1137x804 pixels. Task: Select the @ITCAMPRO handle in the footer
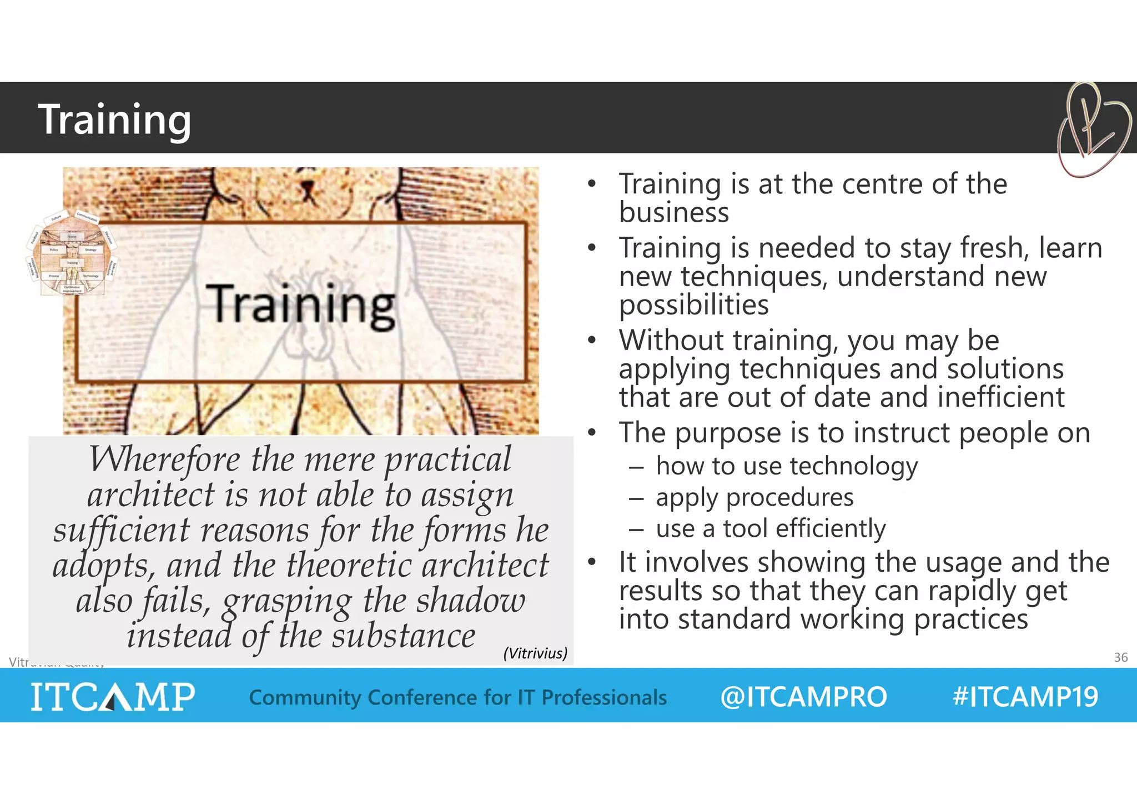pyautogui.click(x=803, y=697)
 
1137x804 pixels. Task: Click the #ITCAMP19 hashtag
pyautogui.click(x=1025, y=697)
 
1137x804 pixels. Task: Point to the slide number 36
pyautogui.click(x=1120, y=657)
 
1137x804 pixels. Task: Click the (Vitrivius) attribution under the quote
pyautogui.click(x=535, y=653)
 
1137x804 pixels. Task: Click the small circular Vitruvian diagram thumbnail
pyautogui.click(x=71, y=253)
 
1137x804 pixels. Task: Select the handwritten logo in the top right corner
pyautogui.click(x=1093, y=129)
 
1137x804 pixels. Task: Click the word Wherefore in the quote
pyautogui.click(x=165, y=460)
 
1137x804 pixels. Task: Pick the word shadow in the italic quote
pyautogui.click(x=470, y=601)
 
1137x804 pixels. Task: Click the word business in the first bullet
pyautogui.click(x=673, y=213)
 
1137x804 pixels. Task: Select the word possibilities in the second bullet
pyautogui.click(x=693, y=305)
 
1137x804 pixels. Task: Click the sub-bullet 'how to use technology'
pyautogui.click(x=787, y=466)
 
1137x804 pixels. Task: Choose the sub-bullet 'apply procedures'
pyautogui.click(x=754, y=497)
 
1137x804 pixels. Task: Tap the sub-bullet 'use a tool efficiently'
pyautogui.click(x=771, y=528)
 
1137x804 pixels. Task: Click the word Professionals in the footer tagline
pyautogui.click(x=604, y=697)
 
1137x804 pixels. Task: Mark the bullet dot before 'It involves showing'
pyautogui.click(x=592, y=562)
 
